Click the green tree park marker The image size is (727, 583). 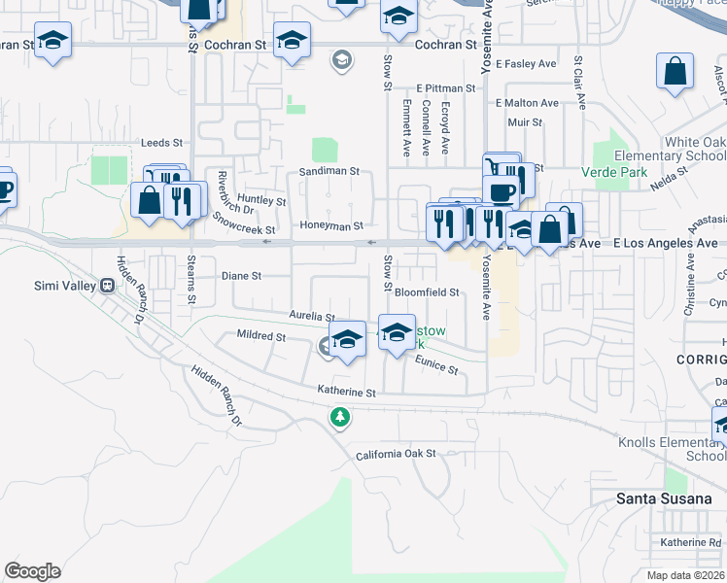coord(339,418)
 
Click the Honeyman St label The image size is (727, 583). coord(331,225)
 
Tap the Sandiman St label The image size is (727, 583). coord(329,170)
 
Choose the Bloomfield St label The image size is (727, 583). coord(426,291)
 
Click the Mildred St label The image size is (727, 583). coord(261,336)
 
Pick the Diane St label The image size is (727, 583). coord(242,276)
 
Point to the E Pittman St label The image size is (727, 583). coord(445,87)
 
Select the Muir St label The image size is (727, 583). coord(524,122)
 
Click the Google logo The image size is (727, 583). coord(32,571)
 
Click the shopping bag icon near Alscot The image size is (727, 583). coord(674,71)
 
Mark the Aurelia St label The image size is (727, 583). coord(311,317)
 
